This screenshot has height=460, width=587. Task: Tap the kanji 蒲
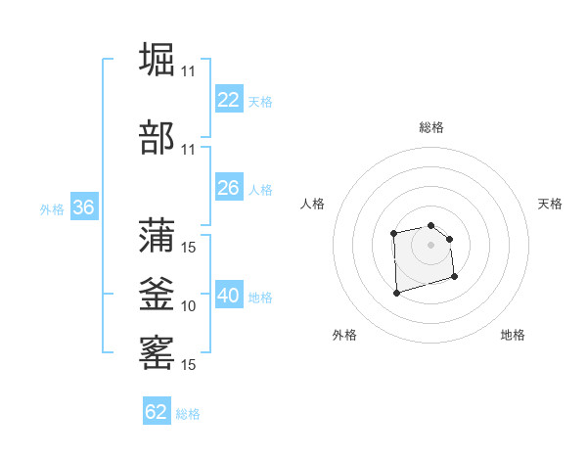158,235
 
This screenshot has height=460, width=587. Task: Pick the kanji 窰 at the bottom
158,351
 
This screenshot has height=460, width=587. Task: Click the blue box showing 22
229,100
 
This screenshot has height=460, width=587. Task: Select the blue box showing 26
229,188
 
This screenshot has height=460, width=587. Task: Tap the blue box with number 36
84,207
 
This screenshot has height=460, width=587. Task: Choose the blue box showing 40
229,296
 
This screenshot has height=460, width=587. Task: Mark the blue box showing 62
157,412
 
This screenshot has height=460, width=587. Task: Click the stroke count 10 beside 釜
189,306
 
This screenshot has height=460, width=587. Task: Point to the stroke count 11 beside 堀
189,71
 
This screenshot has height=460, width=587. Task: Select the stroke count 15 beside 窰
189,365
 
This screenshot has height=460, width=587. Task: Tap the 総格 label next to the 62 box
188,414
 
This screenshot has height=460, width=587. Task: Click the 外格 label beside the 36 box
52,209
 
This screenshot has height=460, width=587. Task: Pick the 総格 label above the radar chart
431,127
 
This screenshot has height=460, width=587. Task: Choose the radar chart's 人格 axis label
313,204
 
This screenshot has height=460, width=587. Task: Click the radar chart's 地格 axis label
513,335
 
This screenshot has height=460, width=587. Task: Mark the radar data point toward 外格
395,293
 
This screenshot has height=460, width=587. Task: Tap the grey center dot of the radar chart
430,244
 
